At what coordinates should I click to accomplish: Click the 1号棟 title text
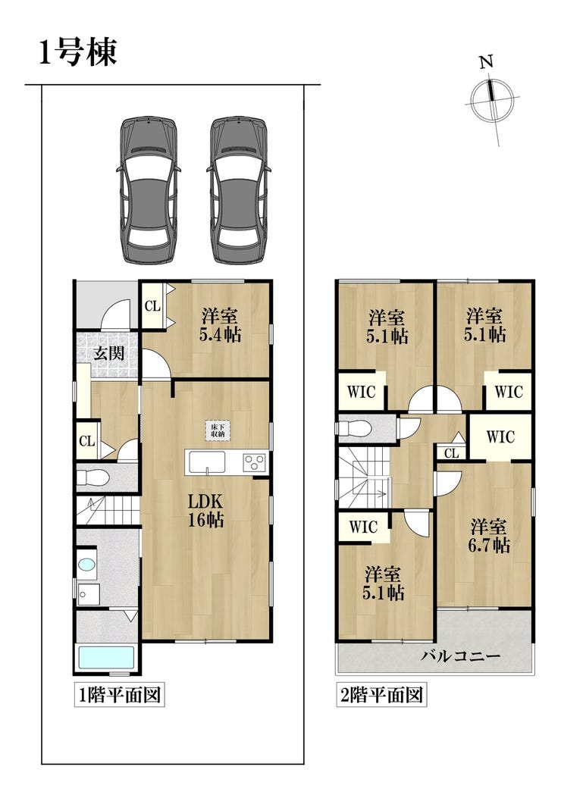(78, 52)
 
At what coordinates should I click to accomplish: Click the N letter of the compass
(486, 62)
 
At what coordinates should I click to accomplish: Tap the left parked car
(148, 190)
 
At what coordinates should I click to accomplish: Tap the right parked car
(237, 190)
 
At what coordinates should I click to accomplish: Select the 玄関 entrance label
(109, 353)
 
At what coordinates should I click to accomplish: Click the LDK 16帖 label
(205, 510)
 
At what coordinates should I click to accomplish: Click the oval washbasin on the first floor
(87, 565)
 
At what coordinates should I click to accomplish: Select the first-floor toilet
(93, 478)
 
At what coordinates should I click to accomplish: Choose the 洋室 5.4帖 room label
(221, 325)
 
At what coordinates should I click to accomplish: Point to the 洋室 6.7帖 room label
(489, 535)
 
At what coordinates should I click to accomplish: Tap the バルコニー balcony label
(460, 656)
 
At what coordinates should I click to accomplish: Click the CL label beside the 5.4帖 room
(152, 306)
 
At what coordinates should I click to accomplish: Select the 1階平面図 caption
(120, 695)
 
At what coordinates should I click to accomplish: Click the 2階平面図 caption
(381, 695)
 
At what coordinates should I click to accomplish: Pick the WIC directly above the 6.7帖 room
(500, 436)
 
